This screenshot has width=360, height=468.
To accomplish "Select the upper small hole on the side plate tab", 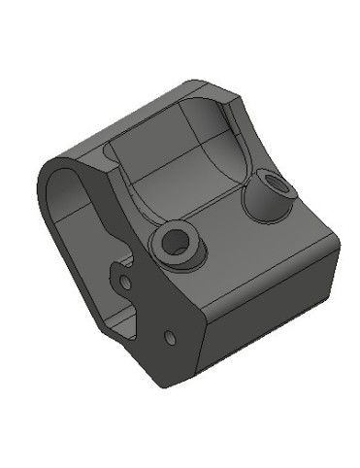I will [125, 282].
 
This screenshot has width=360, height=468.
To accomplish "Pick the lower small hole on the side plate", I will [170, 337].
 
